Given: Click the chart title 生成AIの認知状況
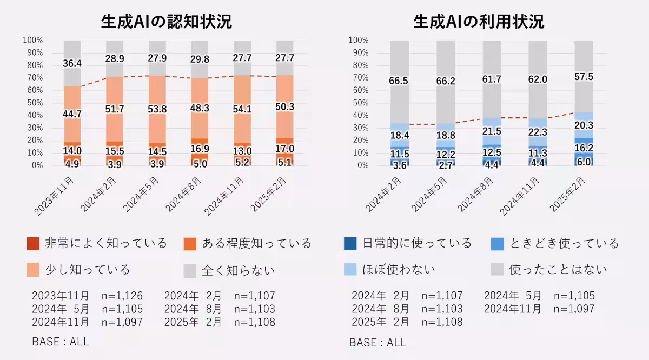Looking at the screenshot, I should (x=167, y=22).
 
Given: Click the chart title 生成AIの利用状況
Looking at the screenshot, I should (x=479, y=22).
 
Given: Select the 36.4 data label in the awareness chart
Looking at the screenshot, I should (x=72, y=64).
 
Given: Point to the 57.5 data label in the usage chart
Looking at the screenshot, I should (x=584, y=77).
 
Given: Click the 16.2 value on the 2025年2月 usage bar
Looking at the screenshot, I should (x=584, y=146).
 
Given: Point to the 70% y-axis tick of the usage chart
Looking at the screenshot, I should (x=359, y=78).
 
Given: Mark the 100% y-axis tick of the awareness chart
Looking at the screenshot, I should (x=33, y=41).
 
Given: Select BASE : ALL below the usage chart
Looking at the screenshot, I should (x=378, y=343).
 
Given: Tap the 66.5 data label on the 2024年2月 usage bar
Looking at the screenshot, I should (x=399, y=81).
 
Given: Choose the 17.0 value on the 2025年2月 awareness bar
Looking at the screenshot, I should (x=284, y=148).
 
